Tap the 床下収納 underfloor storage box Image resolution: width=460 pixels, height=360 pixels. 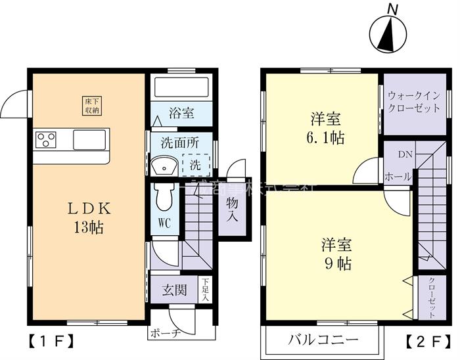tap(91, 106)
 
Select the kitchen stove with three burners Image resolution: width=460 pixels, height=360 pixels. tap(46, 139)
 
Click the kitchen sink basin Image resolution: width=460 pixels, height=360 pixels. tap(89, 139)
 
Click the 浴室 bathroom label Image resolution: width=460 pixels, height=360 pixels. tap(181, 113)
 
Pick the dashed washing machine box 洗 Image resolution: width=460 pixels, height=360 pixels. tap(196, 165)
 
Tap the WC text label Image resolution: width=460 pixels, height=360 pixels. tap(164, 223)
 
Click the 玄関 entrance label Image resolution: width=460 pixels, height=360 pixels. tap(173, 290)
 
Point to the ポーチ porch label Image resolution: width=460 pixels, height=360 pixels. tap(166, 332)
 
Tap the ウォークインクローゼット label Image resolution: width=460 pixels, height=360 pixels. tap(414, 102)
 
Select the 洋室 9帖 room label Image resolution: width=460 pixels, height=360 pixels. tap(336, 254)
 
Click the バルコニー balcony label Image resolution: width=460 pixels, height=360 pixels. tap(323, 340)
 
